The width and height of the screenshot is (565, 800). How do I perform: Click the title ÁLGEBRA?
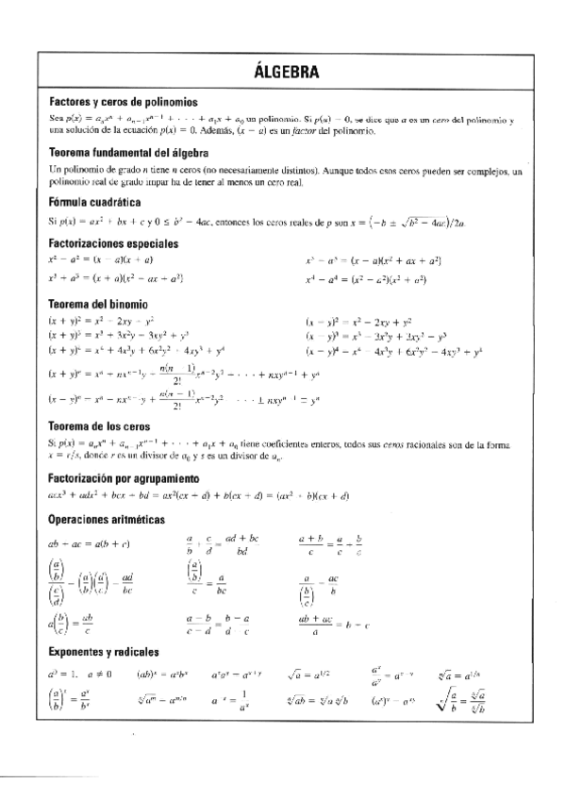286,73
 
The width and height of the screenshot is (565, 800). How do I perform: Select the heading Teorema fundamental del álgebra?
128,152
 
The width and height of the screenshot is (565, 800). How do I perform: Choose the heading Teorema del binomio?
97,304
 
